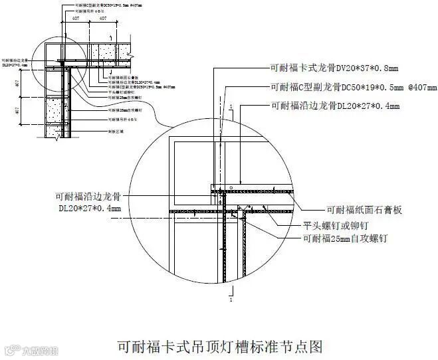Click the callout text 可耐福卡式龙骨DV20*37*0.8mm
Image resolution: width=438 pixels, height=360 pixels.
click(x=334, y=68)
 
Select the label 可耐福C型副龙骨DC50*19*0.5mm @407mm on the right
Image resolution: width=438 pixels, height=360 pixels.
click(x=354, y=87)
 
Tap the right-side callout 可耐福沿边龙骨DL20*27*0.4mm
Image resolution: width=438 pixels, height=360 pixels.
click(x=335, y=106)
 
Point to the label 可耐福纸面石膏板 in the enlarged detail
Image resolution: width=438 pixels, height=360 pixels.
click(x=365, y=210)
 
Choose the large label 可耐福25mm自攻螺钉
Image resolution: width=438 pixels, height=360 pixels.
click(x=345, y=237)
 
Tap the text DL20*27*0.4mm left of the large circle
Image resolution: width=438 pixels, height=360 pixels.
click(x=89, y=209)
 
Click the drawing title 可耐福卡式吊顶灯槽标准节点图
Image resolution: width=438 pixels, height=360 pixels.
click(x=219, y=346)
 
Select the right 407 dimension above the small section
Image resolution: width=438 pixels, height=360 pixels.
click(x=103, y=19)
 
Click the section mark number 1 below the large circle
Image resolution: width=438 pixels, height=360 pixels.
click(x=230, y=300)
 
